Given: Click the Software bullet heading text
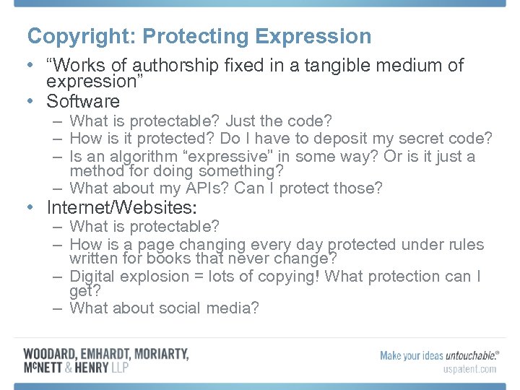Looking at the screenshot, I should pyautogui.click(x=83, y=101).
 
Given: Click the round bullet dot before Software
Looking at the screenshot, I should pyautogui.click(x=29, y=101).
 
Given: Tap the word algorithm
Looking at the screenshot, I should pyautogui.click(x=136, y=157).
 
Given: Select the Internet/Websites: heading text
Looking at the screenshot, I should pyautogui.click(x=121, y=208).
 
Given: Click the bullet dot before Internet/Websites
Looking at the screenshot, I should pyautogui.click(x=29, y=208).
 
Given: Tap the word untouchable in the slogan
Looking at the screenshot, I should pyautogui.click(x=469, y=355).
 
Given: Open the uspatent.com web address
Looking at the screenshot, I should pyautogui.click(x=469, y=369).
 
